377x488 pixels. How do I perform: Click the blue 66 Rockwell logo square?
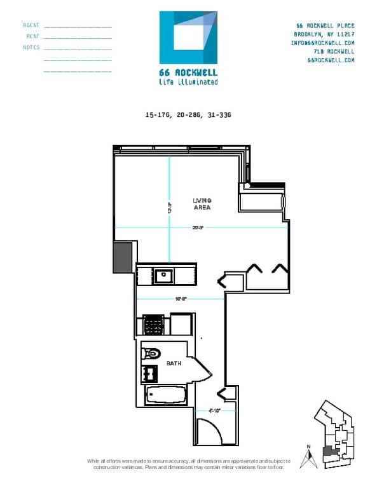tap(189, 37)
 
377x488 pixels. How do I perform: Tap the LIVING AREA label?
tap(202, 204)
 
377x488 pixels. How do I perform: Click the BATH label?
tap(174, 363)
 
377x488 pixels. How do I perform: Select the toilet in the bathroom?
tap(153, 353)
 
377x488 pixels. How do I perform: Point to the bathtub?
tap(165, 396)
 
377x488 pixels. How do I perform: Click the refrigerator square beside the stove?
tap(180, 325)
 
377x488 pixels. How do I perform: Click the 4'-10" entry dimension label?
tap(214, 410)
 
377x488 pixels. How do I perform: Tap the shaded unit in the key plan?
tap(329, 452)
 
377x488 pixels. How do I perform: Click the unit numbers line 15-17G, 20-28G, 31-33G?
tap(188, 115)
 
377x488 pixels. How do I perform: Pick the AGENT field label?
tap(31, 25)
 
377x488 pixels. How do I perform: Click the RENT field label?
tap(33, 36)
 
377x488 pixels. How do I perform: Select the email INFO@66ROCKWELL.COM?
tap(322, 43)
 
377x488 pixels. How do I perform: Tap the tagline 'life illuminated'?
tap(188, 82)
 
